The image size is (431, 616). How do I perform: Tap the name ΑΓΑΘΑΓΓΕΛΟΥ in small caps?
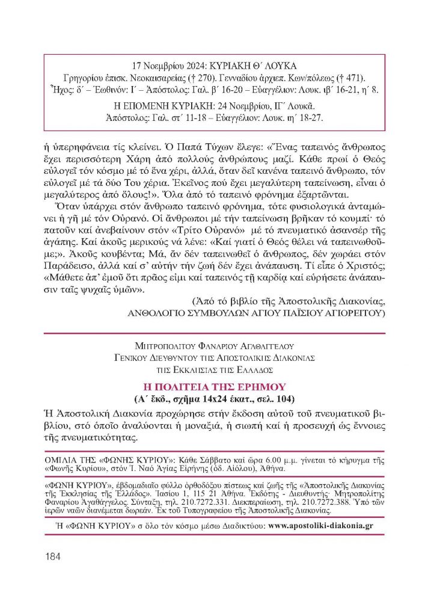(272, 345)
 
